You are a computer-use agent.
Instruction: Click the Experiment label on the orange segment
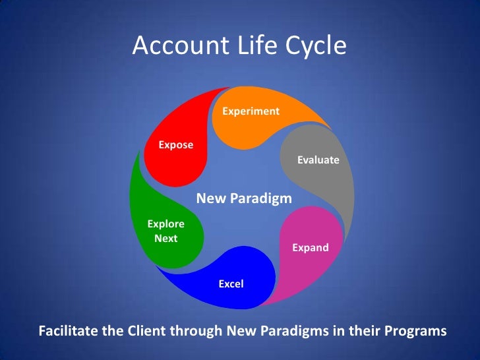tap(251, 111)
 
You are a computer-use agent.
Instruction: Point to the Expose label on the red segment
tap(175, 144)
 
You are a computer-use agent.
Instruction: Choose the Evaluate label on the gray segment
tap(318, 160)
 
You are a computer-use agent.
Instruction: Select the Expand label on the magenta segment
tap(310, 248)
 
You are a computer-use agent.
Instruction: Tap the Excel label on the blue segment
tap(231, 284)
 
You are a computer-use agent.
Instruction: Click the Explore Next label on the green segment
tap(165, 231)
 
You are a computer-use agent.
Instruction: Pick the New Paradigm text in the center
tap(244, 198)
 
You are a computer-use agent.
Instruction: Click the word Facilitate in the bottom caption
tap(69, 330)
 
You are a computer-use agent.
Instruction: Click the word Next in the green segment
tap(165, 239)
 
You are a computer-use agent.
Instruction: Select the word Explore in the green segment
tap(165, 224)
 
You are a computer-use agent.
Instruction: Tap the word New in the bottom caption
tap(241, 330)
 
